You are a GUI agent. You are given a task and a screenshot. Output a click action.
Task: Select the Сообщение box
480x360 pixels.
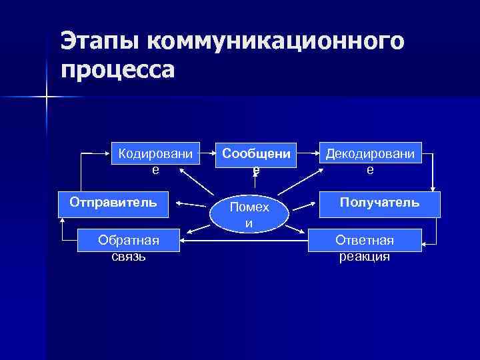pyautogui.click(x=256, y=161)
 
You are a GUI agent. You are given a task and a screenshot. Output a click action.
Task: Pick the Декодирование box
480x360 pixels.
pyautogui.click(x=370, y=161)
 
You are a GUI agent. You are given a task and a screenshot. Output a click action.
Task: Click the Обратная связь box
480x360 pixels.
pyautogui.click(x=129, y=247)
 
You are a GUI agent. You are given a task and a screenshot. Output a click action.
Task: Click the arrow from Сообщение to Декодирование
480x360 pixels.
pyautogui.click(x=307, y=153)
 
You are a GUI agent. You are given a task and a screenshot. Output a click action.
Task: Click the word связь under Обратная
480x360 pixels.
pyautogui.click(x=129, y=256)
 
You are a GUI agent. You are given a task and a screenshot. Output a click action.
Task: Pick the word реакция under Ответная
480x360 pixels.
pyautogui.click(x=365, y=257)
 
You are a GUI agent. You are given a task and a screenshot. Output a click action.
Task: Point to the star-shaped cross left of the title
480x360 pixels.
pyautogui.click(x=47, y=97)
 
